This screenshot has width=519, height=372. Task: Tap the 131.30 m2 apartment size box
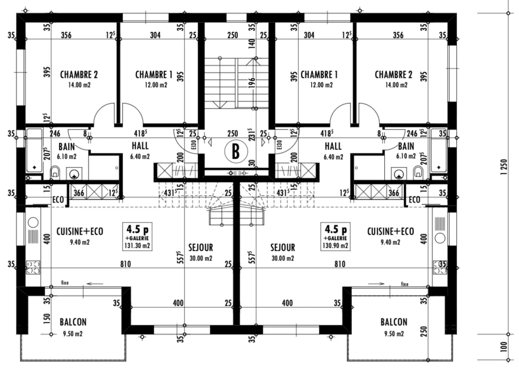(137, 236)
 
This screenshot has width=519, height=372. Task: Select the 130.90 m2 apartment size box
(336, 236)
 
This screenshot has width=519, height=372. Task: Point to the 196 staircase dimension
(252, 83)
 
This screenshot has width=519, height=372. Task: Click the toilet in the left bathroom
(55, 172)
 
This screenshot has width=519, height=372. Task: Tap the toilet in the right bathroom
(418, 172)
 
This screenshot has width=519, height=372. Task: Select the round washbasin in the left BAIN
(74, 174)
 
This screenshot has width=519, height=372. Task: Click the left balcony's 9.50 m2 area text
(73, 334)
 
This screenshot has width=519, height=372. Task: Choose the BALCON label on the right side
(394, 322)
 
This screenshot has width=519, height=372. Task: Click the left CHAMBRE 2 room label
(79, 75)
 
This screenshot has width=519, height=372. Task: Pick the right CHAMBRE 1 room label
(319, 75)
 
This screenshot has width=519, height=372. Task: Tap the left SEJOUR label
(200, 248)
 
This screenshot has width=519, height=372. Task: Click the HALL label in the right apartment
(333, 146)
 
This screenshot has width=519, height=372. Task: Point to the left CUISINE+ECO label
(80, 231)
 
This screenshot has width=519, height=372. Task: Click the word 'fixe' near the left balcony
(65, 283)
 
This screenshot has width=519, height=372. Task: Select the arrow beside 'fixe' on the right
(376, 284)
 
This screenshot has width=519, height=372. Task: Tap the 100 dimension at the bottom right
(504, 347)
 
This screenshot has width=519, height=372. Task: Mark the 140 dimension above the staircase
(252, 43)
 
